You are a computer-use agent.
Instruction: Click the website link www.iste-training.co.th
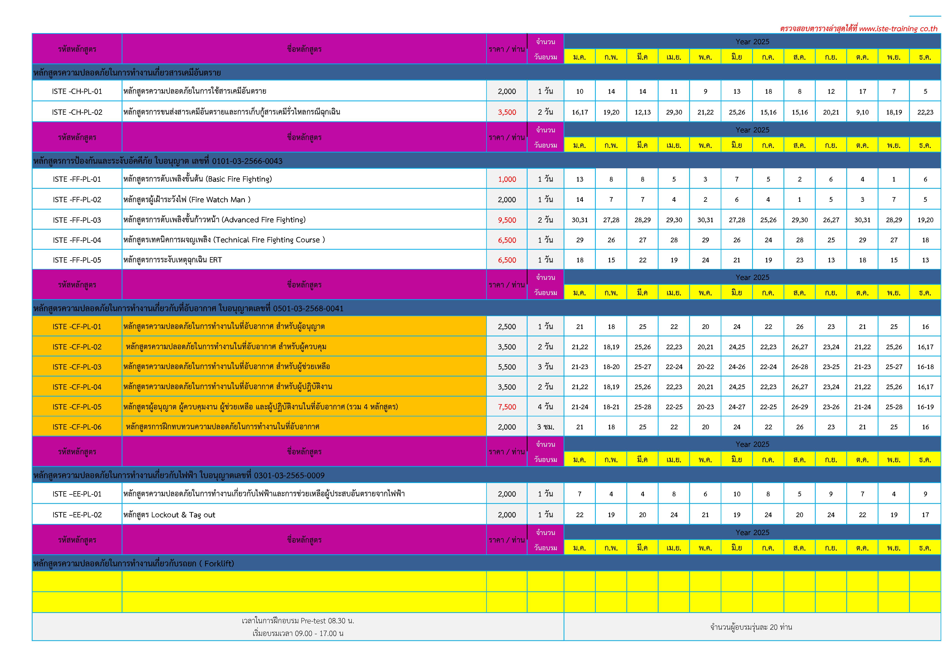(898, 28)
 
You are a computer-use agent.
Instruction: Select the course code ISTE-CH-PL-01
(77, 91)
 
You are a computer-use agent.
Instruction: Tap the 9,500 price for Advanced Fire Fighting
(507, 220)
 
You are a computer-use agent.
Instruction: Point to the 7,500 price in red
(507, 407)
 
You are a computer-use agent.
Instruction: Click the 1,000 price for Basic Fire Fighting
(507, 179)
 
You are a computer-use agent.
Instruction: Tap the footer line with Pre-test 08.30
(298, 621)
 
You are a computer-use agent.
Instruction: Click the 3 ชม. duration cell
(545, 427)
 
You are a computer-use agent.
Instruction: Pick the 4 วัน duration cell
(545, 407)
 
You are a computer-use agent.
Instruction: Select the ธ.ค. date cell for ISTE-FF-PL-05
(925, 260)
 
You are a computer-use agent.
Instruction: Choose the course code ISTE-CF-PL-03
(77, 367)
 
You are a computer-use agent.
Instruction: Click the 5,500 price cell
(507, 367)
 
